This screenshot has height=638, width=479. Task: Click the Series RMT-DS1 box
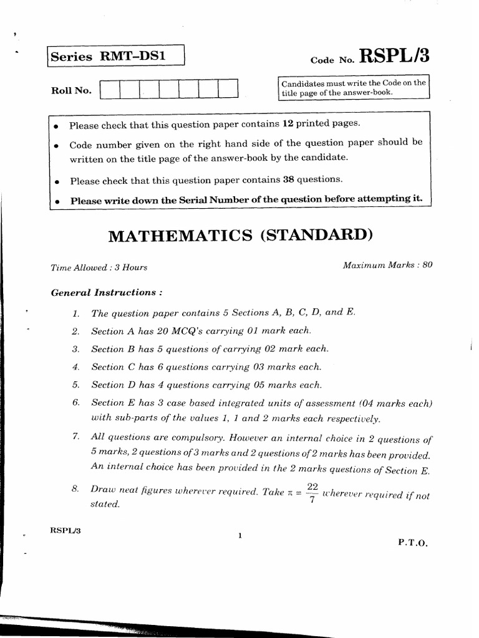click(x=115, y=57)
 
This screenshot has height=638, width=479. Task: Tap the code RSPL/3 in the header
click(x=394, y=57)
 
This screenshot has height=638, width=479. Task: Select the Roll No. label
click(x=70, y=90)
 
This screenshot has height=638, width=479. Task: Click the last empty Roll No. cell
click(x=228, y=89)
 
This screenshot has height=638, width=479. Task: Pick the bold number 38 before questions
click(x=288, y=179)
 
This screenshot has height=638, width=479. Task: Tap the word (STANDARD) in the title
click(x=316, y=236)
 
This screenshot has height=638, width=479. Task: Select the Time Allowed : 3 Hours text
click(x=99, y=267)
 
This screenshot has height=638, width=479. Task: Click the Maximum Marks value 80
click(x=427, y=265)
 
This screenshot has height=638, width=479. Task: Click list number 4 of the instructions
click(x=75, y=367)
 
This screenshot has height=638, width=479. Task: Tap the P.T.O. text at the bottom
click(x=413, y=543)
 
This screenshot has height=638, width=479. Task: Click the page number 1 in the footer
click(x=239, y=536)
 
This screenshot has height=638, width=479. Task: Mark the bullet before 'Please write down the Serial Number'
click(x=57, y=201)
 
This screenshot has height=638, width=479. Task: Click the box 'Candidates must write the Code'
click(x=353, y=87)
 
